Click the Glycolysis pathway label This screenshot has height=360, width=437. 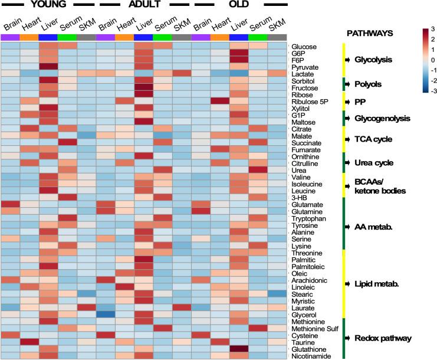click(x=377, y=60)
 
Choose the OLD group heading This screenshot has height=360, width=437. click(x=240, y=4)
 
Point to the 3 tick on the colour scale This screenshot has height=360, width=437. click(x=433, y=29)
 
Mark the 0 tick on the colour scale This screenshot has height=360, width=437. click(x=433, y=60)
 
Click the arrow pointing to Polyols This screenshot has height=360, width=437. click(x=349, y=84)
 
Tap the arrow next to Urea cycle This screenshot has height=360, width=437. click(x=349, y=162)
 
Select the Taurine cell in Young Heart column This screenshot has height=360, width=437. click(x=29, y=342)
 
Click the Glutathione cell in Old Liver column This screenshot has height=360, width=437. click(x=239, y=349)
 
